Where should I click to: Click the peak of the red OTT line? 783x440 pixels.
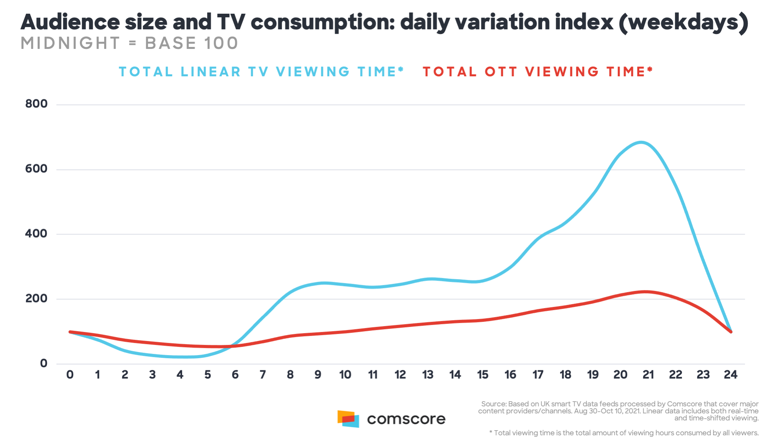[x=645, y=292]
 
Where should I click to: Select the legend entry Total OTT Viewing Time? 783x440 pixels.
[x=538, y=72]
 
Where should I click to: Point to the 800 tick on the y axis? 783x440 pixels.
[x=36, y=104]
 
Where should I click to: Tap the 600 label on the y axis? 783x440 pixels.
[x=36, y=169]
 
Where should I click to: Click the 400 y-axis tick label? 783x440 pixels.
[x=36, y=234]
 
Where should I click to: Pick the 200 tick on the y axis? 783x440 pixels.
[x=36, y=298]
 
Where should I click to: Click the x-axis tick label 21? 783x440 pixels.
[x=648, y=375]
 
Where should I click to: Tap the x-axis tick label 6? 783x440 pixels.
[x=235, y=375]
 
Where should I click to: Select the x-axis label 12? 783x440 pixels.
[x=400, y=375]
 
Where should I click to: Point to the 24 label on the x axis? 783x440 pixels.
[x=731, y=375]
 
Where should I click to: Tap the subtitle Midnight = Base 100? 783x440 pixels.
[x=129, y=43]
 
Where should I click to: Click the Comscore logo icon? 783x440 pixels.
[x=348, y=419]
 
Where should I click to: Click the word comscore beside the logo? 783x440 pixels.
[x=406, y=419]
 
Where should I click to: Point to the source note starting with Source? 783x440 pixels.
[x=618, y=411]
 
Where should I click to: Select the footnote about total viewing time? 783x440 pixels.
[x=624, y=433]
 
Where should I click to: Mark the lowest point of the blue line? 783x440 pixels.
[x=184, y=357]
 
